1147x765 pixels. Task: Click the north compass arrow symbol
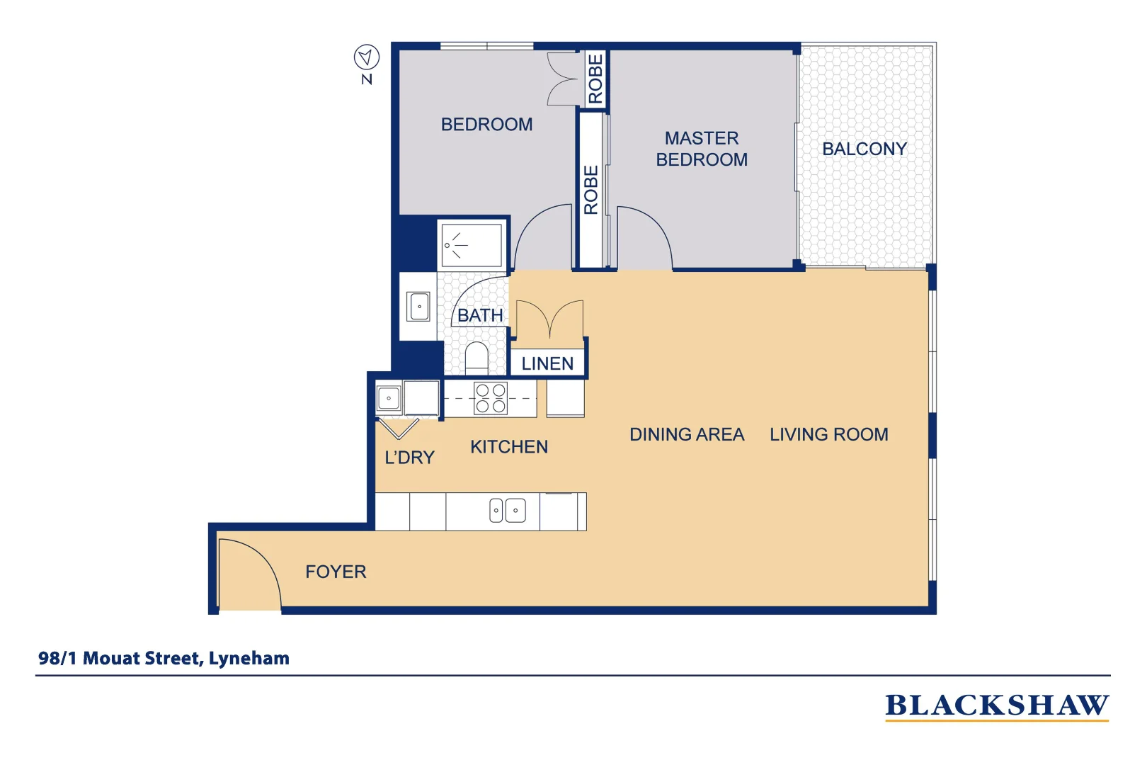pos(367,57)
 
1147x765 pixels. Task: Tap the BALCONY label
pos(864,149)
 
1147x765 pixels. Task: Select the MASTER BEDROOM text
pos(702,149)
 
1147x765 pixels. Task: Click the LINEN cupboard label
pos(547,364)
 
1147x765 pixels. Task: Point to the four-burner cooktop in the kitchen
pos(491,398)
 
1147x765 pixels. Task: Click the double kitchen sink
pos(508,510)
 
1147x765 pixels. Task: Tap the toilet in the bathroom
pos(477,358)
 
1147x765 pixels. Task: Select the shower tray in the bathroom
pos(472,245)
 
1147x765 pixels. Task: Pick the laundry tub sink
pos(389,398)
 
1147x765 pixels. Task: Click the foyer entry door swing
pos(248,570)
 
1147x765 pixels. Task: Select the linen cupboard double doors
pos(549,319)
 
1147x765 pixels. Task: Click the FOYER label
pos(336,572)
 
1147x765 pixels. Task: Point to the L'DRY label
pos(409,458)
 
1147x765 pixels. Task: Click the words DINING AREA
pos(686,435)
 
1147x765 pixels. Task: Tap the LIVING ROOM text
pos(828,435)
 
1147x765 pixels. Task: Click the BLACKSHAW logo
pos(996,706)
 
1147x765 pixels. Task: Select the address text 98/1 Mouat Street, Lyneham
pos(164,659)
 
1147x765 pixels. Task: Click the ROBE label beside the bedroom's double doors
pos(595,79)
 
